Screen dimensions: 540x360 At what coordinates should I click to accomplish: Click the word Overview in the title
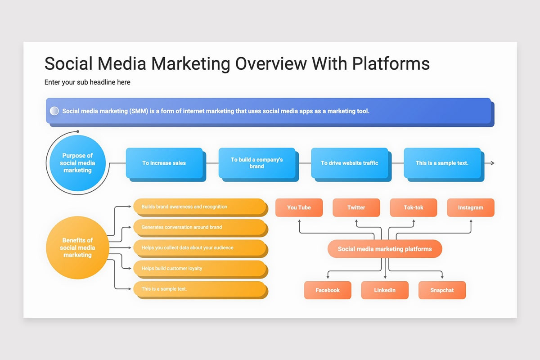[x=271, y=63]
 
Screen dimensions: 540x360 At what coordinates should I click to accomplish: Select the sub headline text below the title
[x=87, y=82]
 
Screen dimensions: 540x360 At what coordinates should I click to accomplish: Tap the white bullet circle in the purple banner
[x=54, y=111]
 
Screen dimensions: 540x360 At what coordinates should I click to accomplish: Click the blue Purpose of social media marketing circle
[x=77, y=163]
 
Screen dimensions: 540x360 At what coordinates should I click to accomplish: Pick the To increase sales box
[x=164, y=163]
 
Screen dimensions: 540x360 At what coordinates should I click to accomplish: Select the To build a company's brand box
[x=257, y=163]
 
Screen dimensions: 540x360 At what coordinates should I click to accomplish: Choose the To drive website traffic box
[x=349, y=163]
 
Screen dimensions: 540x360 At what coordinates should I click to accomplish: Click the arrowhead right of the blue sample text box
[x=493, y=163]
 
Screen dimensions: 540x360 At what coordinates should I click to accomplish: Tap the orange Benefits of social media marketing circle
[x=77, y=247]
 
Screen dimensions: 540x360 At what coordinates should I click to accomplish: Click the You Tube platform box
[x=299, y=207]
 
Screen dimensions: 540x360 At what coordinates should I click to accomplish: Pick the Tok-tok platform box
[x=414, y=207]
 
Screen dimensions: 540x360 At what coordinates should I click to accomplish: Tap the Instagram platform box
[x=471, y=207]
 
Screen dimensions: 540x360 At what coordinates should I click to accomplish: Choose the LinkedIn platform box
[x=385, y=290]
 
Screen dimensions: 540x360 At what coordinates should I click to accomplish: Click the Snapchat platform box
[x=442, y=290]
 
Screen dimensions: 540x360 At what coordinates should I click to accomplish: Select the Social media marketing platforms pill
[x=385, y=249]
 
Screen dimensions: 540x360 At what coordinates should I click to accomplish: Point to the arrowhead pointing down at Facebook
[x=328, y=277]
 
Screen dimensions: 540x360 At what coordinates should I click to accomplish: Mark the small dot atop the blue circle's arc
[x=78, y=131]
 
